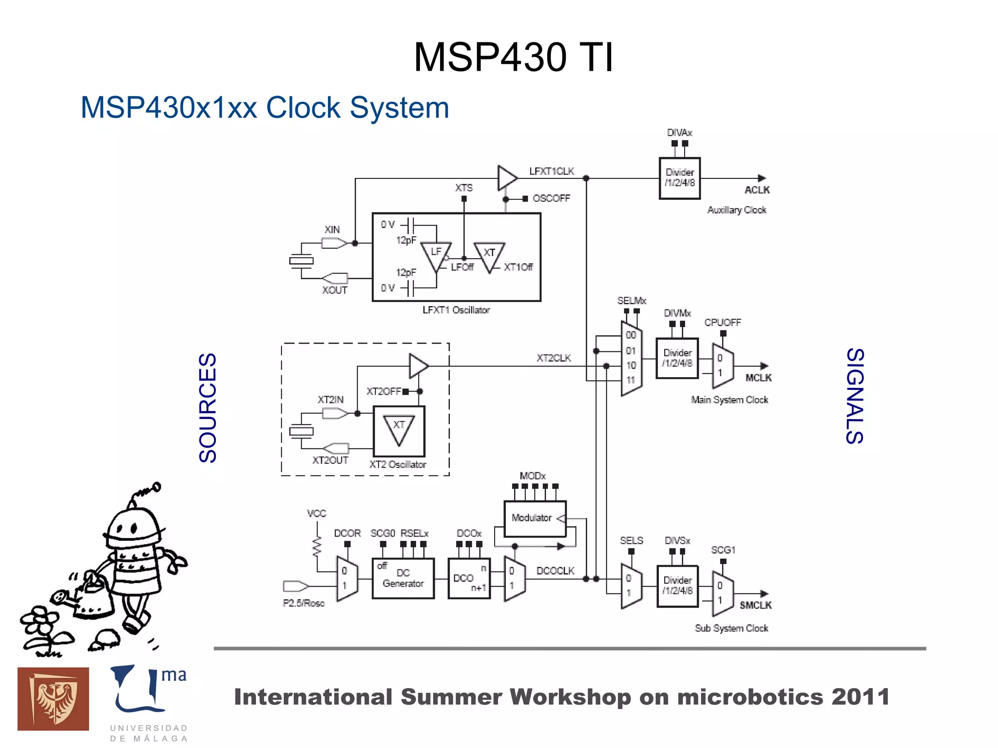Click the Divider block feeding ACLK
click(679, 178)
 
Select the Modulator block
click(535, 518)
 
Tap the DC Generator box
click(403, 578)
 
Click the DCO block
click(468, 578)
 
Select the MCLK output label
click(758, 378)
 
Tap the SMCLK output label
click(755, 605)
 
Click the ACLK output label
click(757, 190)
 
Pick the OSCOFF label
click(551, 198)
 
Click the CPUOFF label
click(722, 323)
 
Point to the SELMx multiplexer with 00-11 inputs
click(631, 359)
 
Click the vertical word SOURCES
click(208, 407)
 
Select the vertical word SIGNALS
click(855, 396)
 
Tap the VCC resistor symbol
click(317, 546)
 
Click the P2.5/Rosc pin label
click(304, 603)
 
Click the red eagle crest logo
click(53, 699)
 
